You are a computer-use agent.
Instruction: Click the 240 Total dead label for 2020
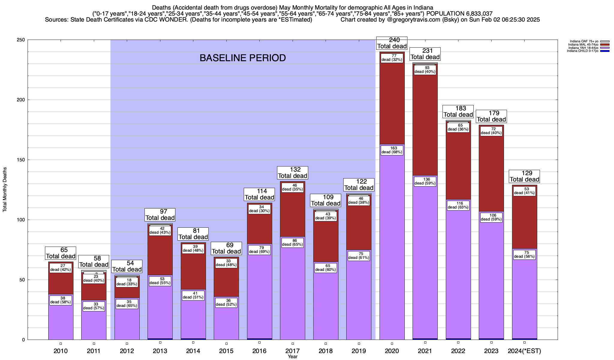pyautogui.click(x=392, y=43)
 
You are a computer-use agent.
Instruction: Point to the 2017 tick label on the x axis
pyautogui.click(x=293, y=351)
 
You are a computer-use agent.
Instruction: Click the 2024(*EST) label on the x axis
pyautogui.click(x=524, y=351)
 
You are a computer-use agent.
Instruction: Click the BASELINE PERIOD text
pyautogui.click(x=243, y=58)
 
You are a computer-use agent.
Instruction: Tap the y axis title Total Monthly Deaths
pyautogui.click(x=5, y=190)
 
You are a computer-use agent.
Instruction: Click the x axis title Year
pyautogui.click(x=293, y=357)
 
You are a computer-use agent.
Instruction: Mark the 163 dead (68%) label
pyautogui.click(x=392, y=150)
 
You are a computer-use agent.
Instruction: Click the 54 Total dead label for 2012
pyautogui.click(x=127, y=266)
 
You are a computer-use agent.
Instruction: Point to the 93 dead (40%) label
pyautogui.click(x=425, y=70)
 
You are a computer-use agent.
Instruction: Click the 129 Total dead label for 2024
pyautogui.click(x=524, y=176)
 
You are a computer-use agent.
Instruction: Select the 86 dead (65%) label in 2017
pyautogui.click(x=293, y=242)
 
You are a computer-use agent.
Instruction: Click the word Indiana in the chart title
pyautogui.click(x=422, y=7)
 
